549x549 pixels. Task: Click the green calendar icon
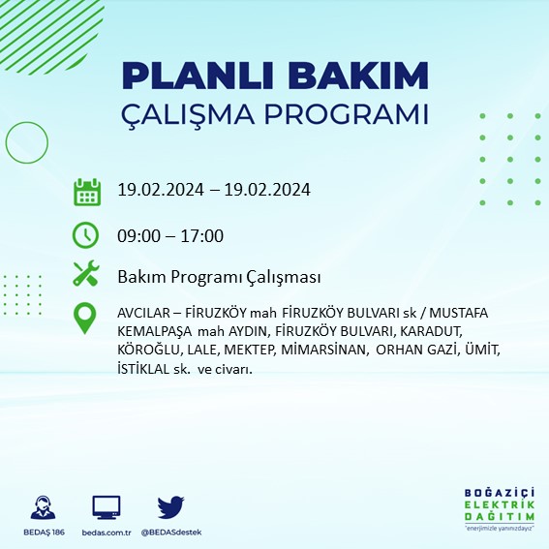coord(87,191)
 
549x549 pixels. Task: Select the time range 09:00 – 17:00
coord(169,235)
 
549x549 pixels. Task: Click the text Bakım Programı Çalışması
coord(218,278)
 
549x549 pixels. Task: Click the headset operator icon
coord(43,507)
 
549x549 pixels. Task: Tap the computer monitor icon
coord(106,507)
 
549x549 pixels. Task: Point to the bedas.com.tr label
coord(106,533)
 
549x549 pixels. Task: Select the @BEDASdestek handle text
coord(172,533)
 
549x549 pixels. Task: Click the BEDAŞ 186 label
coord(43,533)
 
